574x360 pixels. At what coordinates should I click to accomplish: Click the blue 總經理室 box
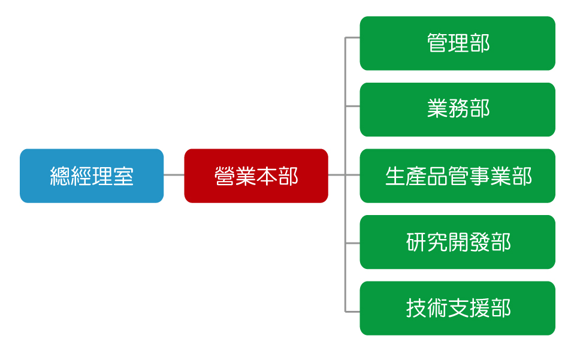coord(92,176)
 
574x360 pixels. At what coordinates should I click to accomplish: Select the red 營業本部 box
coord(256,176)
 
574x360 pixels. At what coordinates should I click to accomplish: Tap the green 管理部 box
coord(457,43)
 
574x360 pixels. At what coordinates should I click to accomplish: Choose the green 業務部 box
coord(457,110)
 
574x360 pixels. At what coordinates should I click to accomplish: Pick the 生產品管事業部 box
coord(457,176)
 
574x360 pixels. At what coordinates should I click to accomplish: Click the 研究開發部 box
coord(457,242)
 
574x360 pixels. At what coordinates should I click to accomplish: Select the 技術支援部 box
coord(457,308)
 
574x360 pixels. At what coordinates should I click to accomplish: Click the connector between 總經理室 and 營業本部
coord(174,175)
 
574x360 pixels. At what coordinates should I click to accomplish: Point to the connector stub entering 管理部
coord(352,37)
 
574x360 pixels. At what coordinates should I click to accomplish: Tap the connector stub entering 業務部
coord(352,106)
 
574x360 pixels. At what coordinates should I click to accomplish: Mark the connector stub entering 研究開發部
coord(352,243)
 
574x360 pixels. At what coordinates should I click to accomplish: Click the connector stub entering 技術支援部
coord(352,311)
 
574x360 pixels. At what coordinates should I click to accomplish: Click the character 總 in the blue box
coord(60,176)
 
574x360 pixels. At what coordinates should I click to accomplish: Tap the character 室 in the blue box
coord(123,176)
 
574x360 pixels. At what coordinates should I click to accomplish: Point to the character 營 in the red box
coord(225,176)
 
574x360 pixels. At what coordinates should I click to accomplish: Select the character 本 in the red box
coord(267,176)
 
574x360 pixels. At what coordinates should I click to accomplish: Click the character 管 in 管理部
coord(437,43)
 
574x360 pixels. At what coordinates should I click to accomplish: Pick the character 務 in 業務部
coord(458,108)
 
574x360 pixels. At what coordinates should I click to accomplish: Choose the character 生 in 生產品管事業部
coord(395,176)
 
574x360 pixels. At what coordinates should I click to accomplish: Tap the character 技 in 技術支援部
coord(416,308)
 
